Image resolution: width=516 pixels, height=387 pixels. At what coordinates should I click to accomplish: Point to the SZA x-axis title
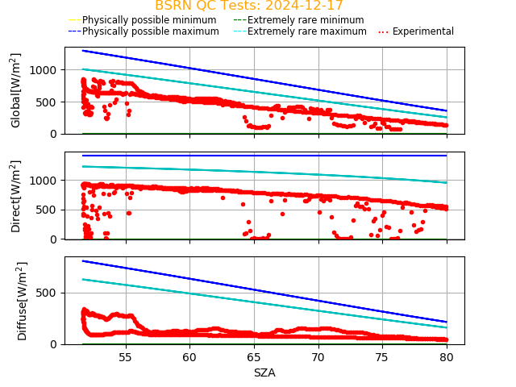[x=264, y=372]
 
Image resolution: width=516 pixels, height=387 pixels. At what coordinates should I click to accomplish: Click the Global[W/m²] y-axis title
[x=16, y=90]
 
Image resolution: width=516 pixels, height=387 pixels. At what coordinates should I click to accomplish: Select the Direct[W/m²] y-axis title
[x=16, y=196]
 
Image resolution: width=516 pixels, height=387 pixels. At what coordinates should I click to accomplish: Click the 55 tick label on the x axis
[x=126, y=357]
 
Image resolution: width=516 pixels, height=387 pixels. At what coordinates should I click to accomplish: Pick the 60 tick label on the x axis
[x=189, y=357]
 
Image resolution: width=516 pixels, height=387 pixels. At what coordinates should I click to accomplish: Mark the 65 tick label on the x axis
[x=254, y=357]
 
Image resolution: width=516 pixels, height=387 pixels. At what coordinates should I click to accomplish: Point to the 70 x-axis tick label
[x=318, y=357]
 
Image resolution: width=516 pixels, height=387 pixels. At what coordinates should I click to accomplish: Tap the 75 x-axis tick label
[x=382, y=357]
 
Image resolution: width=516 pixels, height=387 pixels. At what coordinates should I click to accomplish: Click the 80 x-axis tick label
[x=446, y=357]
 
